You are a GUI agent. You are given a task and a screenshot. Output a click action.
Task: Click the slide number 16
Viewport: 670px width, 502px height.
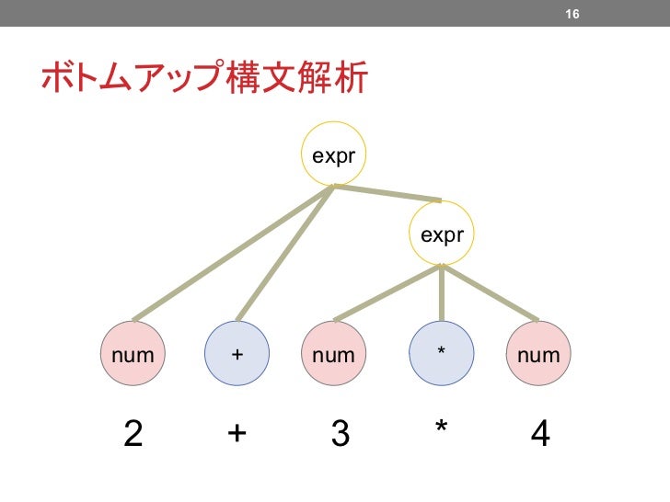coord(572,15)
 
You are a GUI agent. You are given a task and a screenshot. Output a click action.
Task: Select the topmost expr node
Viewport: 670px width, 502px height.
coord(333,155)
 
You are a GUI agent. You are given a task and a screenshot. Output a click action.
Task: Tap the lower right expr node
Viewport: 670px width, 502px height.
coord(442,235)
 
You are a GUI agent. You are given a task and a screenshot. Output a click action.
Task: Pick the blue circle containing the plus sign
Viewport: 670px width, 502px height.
coord(237,353)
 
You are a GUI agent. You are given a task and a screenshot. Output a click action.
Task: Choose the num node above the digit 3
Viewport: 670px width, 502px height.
coord(333,353)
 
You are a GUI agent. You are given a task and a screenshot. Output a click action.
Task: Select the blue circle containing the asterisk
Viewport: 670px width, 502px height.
coord(442,353)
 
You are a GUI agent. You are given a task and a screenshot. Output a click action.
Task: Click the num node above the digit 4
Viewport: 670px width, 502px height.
coord(538,353)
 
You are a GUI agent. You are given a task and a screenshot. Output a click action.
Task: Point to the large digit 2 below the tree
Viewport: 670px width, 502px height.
coord(133,433)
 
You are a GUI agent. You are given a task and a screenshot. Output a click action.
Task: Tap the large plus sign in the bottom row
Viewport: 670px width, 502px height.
coord(237,433)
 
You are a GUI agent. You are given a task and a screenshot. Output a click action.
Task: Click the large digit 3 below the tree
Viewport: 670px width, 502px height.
coord(340,433)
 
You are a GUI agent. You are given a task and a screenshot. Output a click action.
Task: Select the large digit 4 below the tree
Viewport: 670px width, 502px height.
coord(541,433)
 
